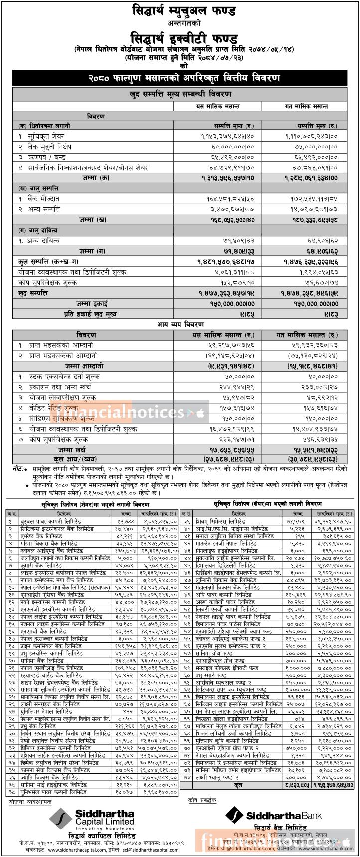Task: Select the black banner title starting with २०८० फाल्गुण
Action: tap(180, 78)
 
